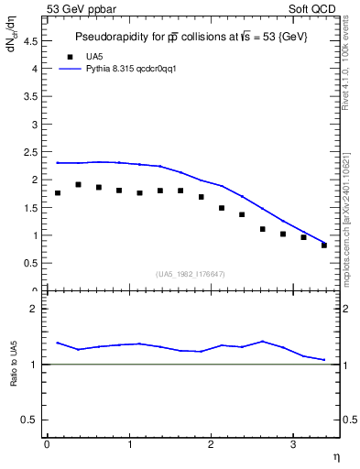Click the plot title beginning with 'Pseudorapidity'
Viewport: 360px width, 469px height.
click(x=190, y=37)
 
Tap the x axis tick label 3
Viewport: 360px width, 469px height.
click(x=292, y=444)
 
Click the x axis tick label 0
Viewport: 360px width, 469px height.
click(x=47, y=444)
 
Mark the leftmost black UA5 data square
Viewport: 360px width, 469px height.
click(x=58, y=193)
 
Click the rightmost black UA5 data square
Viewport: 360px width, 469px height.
click(x=324, y=245)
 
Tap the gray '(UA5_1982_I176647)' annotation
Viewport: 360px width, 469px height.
click(x=191, y=274)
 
